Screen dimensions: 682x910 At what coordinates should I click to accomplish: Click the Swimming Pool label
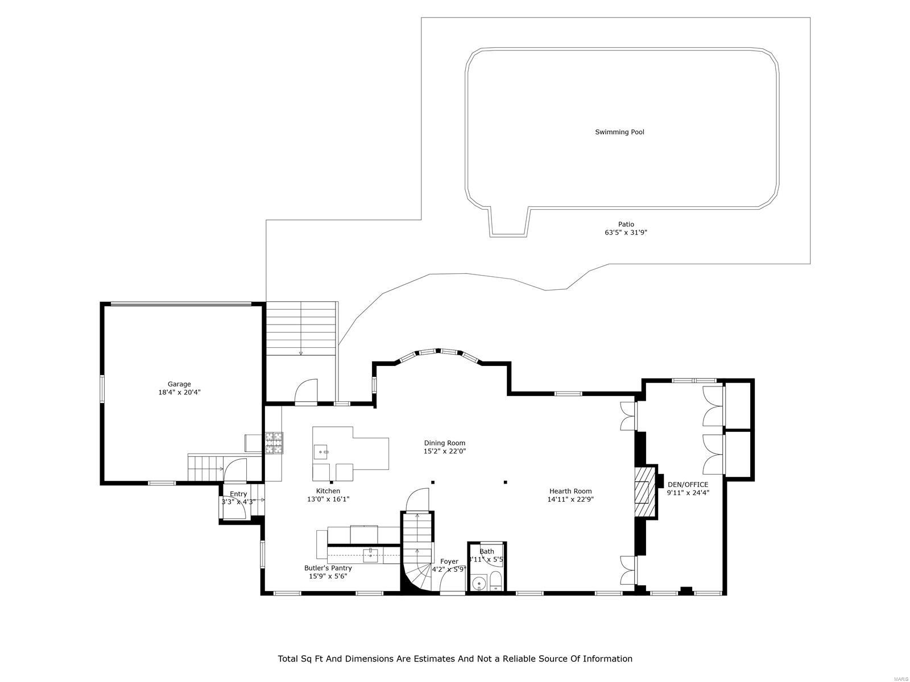(x=619, y=132)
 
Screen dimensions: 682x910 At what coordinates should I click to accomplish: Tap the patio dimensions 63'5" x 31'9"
(x=626, y=232)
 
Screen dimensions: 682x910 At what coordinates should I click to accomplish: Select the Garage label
(x=179, y=384)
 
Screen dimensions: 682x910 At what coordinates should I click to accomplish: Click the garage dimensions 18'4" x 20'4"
(x=179, y=392)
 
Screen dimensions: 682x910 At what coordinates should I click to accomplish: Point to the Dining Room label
(x=444, y=443)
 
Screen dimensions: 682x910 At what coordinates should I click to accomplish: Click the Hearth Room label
(x=570, y=491)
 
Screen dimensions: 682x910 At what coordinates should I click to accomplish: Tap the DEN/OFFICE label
(x=688, y=485)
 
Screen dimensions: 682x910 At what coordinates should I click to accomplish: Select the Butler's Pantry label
(x=328, y=568)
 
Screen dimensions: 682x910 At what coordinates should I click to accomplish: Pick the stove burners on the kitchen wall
(x=274, y=443)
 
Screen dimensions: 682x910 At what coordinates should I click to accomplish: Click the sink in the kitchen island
(x=322, y=452)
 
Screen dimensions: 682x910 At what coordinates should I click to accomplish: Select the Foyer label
(x=449, y=562)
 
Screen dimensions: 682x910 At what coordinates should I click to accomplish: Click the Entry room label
(x=238, y=494)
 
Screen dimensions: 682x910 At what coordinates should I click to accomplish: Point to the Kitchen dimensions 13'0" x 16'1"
(x=328, y=499)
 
